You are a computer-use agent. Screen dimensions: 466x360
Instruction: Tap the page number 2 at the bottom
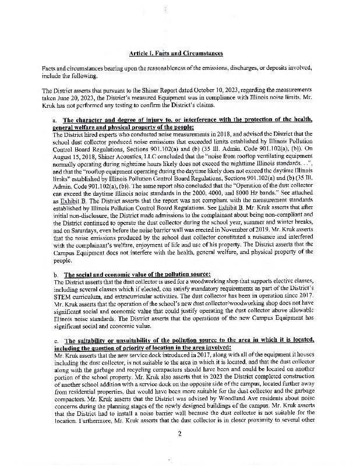coord(180,433)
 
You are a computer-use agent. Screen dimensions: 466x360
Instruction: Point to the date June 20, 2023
coord(73,97)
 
